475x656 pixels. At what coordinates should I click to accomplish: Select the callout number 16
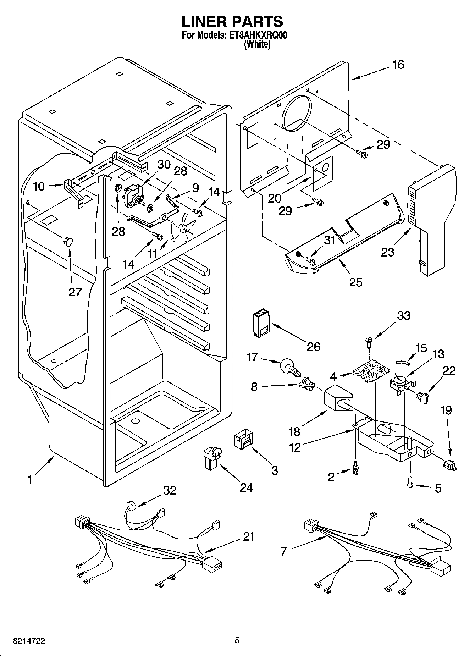point(398,65)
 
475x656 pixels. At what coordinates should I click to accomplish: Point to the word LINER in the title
point(204,22)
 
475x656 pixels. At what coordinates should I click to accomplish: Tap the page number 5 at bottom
point(237,640)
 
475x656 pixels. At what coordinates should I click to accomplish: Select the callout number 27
point(75,292)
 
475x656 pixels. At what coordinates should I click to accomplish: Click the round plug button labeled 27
point(68,242)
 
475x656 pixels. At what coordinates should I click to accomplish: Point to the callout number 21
point(249,536)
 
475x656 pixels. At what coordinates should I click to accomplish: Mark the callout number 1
point(30,479)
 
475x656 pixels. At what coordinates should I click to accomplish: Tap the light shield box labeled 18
point(339,399)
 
